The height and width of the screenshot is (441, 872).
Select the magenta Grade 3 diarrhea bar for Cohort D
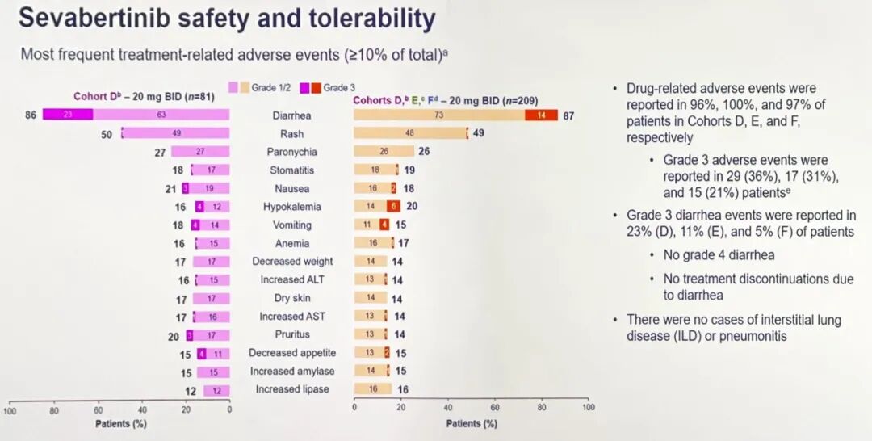68,115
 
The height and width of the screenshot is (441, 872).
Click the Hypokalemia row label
291,207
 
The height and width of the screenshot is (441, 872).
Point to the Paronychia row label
291,152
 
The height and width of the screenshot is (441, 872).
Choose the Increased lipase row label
291,389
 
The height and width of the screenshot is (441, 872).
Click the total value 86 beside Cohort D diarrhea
31,115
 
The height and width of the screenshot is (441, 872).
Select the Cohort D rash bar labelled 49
176,133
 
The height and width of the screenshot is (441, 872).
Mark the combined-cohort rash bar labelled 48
409,133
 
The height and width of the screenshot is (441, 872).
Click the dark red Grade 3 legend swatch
317,87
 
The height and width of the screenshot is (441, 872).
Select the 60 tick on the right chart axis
495,408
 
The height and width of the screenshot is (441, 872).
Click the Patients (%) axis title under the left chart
120,423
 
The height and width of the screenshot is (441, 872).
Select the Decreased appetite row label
291,353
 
